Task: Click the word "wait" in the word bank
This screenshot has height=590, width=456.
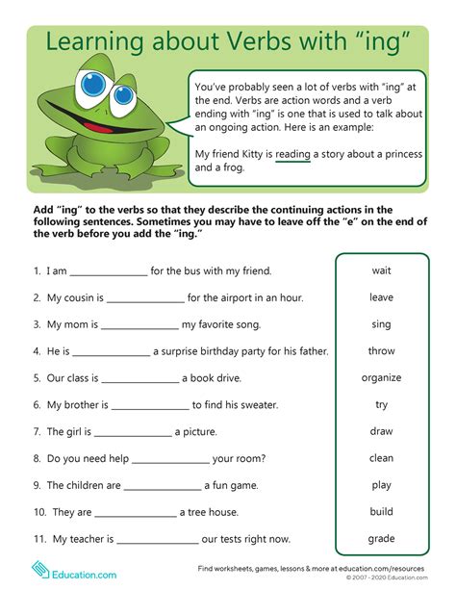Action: coord(381,270)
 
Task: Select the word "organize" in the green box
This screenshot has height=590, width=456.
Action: coord(381,377)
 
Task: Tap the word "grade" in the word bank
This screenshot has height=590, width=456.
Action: coord(381,538)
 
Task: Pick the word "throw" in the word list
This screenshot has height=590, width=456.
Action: coord(381,351)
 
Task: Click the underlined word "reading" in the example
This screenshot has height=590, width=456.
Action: coord(292,153)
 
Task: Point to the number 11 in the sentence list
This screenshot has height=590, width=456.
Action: coord(39,540)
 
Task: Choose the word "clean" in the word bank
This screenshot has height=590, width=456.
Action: coord(381,458)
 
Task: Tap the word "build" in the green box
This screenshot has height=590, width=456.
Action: coord(381,512)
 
